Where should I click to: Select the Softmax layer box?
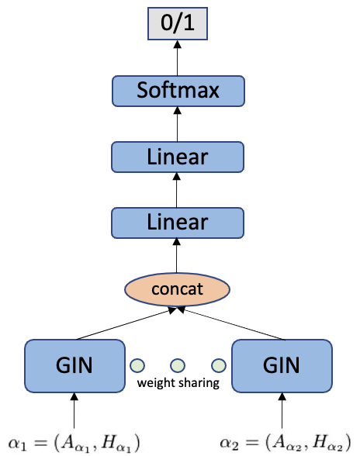click(x=178, y=91)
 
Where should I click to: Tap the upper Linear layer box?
click(x=178, y=157)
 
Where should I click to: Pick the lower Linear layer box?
click(x=178, y=223)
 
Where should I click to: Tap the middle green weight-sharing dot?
click(x=178, y=364)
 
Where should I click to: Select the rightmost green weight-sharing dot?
click(x=219, y=364)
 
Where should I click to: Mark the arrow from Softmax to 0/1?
click(x=178, y=57)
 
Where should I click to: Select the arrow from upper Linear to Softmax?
click(x=178, y=124)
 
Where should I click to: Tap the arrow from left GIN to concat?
click(x=124, y=324)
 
